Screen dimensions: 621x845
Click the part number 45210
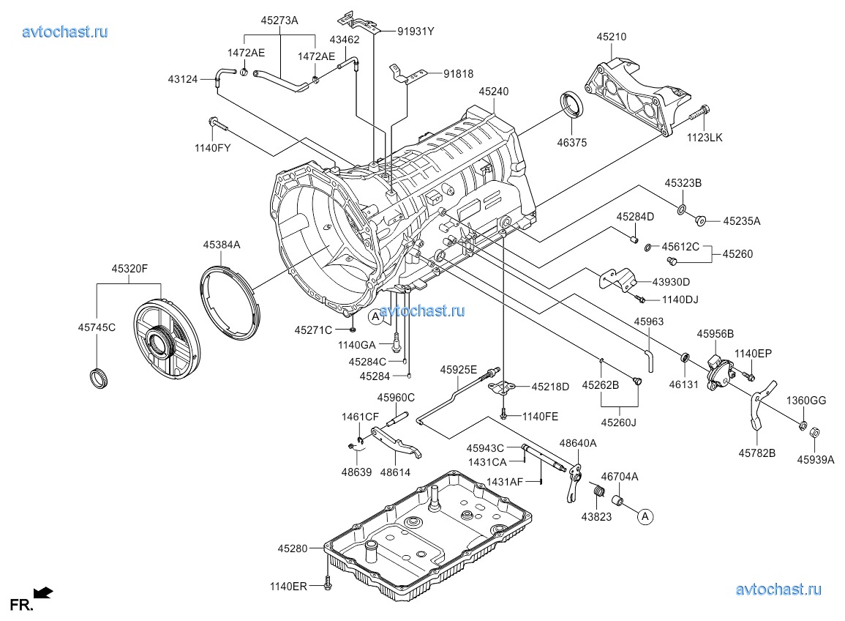(x=611, y=37)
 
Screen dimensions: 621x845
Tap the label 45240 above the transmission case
(x=494, y=92)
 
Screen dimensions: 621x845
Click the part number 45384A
(x=222, y=245)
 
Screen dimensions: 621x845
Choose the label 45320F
(x=130, y=269)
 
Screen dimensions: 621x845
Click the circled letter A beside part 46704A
(x=645, y=516)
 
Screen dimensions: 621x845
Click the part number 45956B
(x=715, y=333)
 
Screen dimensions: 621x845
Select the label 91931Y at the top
(x=416, y=31)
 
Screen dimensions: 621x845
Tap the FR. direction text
(x=20, y=605)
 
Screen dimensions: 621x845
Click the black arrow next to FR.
(x=45, y=592)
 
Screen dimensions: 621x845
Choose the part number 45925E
(x=458, y=370)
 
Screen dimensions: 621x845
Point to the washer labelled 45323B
(x=681, y=211)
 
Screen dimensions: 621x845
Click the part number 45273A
(x=279, y=21)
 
